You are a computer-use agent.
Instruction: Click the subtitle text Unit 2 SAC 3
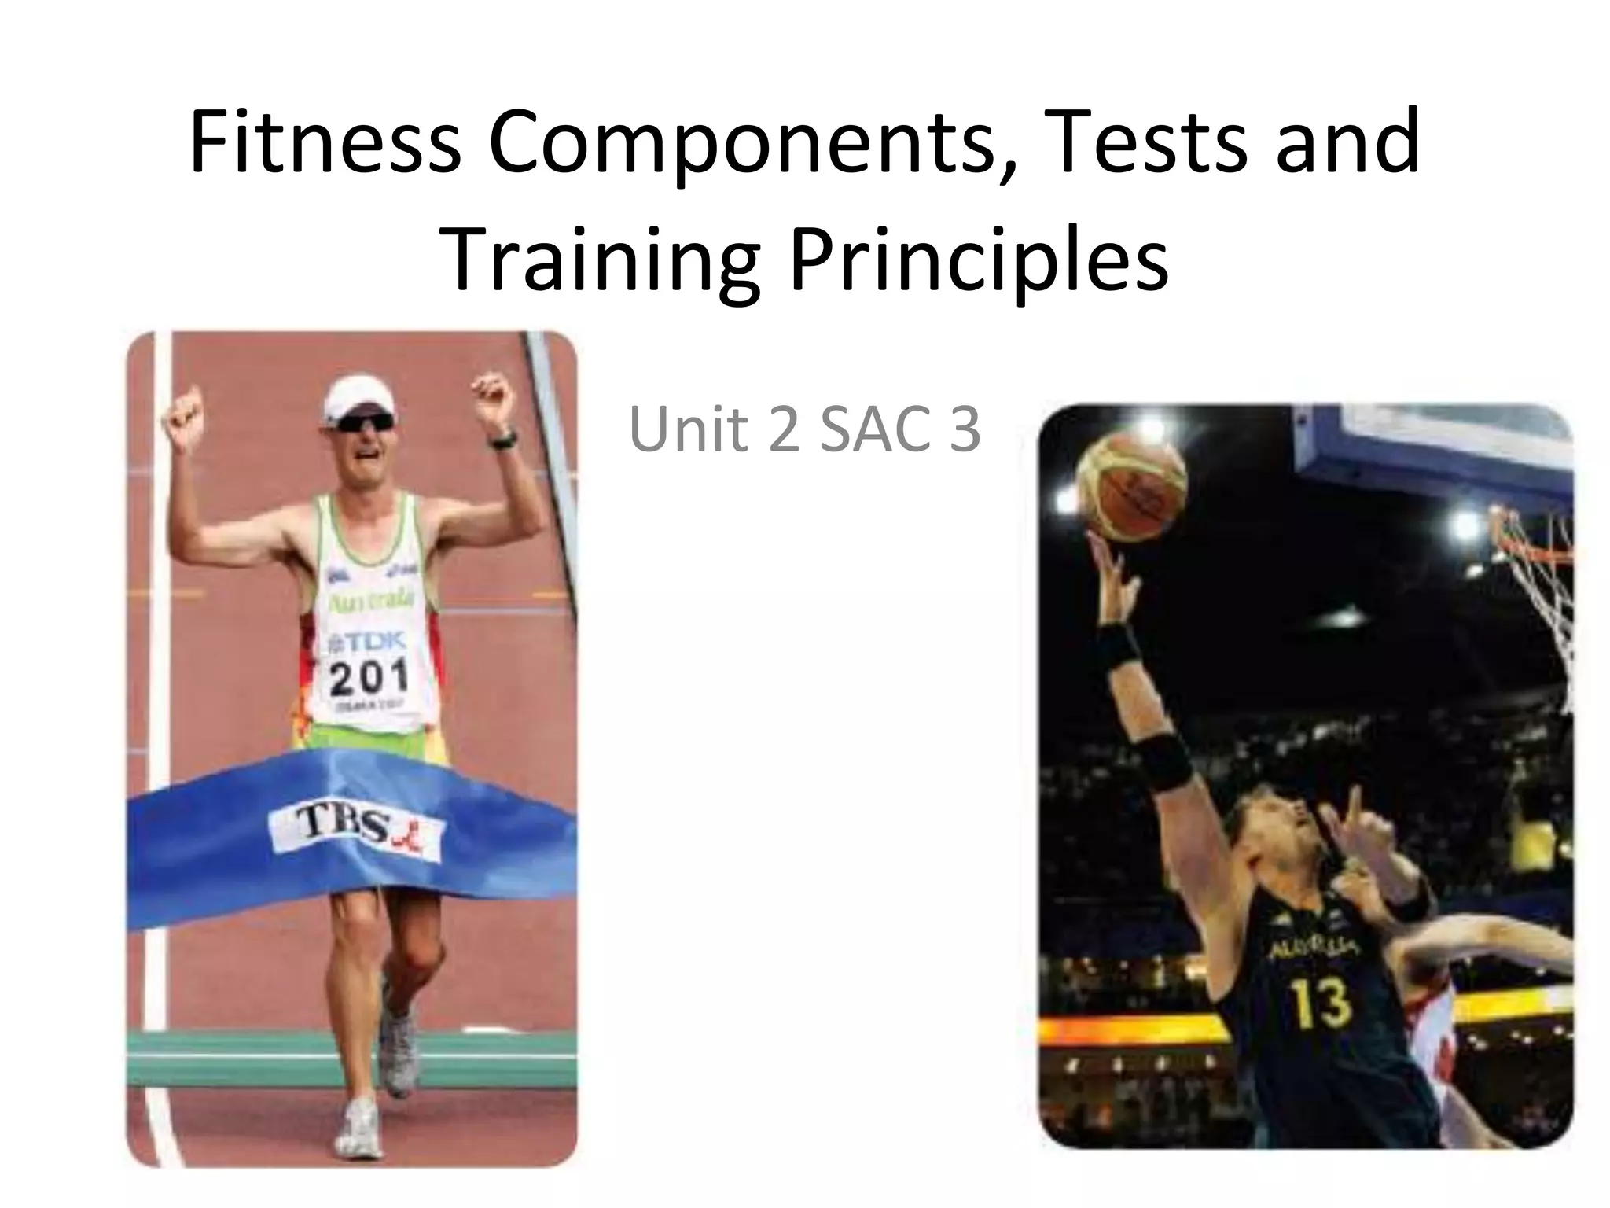(804, 430)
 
